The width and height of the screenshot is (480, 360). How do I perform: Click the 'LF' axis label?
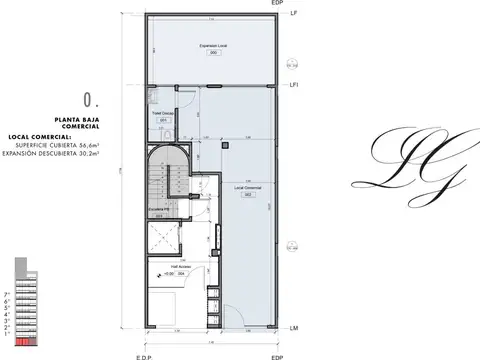click(x=292, y=14)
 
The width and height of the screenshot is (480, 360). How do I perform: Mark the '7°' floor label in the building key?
click(x=9, y=294)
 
